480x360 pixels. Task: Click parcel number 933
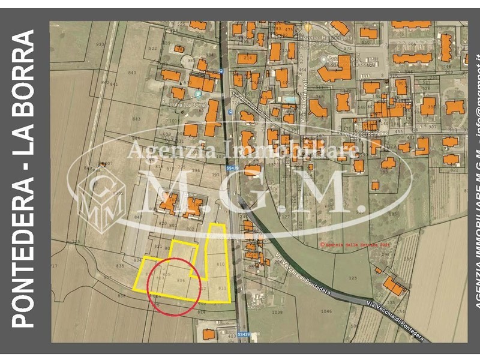(100, 44)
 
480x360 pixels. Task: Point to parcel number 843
(136, 119)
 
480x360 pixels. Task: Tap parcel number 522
(152, 49)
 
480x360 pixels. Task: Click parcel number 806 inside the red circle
(181, 280)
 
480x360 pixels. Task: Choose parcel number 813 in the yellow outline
(222, 288)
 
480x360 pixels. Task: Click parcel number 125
(352, 278)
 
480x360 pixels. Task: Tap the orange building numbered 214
(247, 59)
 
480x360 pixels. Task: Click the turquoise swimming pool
(289, 99)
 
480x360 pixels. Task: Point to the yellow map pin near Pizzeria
(308, 28)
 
